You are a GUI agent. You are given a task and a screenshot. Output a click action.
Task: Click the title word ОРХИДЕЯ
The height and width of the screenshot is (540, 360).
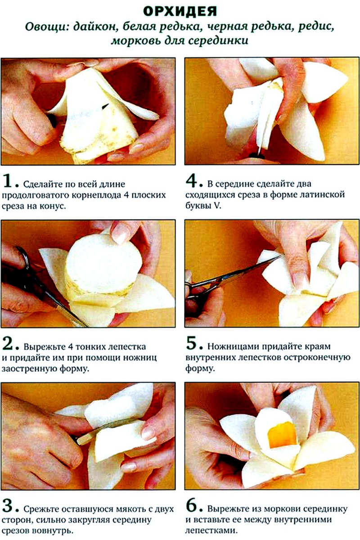[180, 11]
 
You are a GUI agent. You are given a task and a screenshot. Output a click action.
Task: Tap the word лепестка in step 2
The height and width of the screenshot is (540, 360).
[127, 347]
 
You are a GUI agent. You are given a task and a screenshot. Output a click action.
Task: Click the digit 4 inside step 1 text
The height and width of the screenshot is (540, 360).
[126, 195]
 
